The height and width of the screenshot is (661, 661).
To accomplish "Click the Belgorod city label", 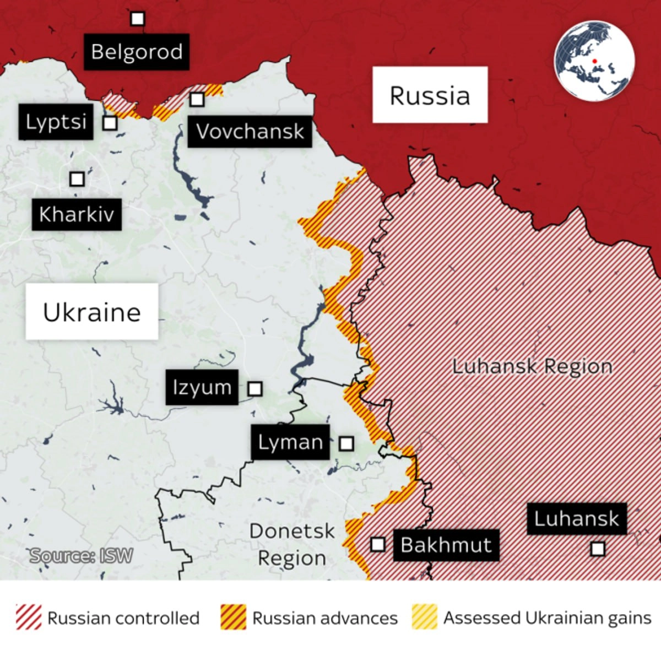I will click(x=137, y=52).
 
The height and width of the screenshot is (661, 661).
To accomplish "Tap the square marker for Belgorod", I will click(x=137, y=19).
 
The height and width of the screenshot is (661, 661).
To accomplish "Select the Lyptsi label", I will click(x=56, y=122).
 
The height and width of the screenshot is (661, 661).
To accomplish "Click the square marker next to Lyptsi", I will click(x=110, y=123).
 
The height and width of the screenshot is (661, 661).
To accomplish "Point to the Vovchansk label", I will click(x=250, y=132).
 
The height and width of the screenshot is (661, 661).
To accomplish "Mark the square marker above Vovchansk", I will click(x=197, y=99).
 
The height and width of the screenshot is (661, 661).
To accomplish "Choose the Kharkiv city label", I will click(x=77, y=214).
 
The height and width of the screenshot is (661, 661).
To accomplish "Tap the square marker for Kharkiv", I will click(x=77, y=179).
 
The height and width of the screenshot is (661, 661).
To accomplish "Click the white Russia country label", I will click(x=430, y=95).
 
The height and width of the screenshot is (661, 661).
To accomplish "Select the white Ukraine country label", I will click(x=92, y=312).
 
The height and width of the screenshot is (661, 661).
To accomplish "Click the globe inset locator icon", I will click(x=594, y=61).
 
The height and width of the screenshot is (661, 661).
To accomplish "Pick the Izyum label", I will click(x=202, y=387).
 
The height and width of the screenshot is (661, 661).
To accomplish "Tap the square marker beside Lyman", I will click(x=346, y=443).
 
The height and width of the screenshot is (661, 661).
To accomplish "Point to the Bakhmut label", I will click(x=446, y=545).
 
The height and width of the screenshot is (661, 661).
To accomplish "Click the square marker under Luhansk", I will click(x=597, y=549).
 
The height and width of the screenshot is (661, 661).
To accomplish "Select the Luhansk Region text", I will click(x=532, y=366).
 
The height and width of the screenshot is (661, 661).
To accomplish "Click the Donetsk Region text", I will click(x=292, y=544).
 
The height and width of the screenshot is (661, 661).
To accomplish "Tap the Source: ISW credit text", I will click(x=81, y=556).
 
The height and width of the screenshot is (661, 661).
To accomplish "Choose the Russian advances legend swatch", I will click(x=233, y=617).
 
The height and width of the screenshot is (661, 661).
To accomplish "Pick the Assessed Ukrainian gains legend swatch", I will click(x=424, y=617).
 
